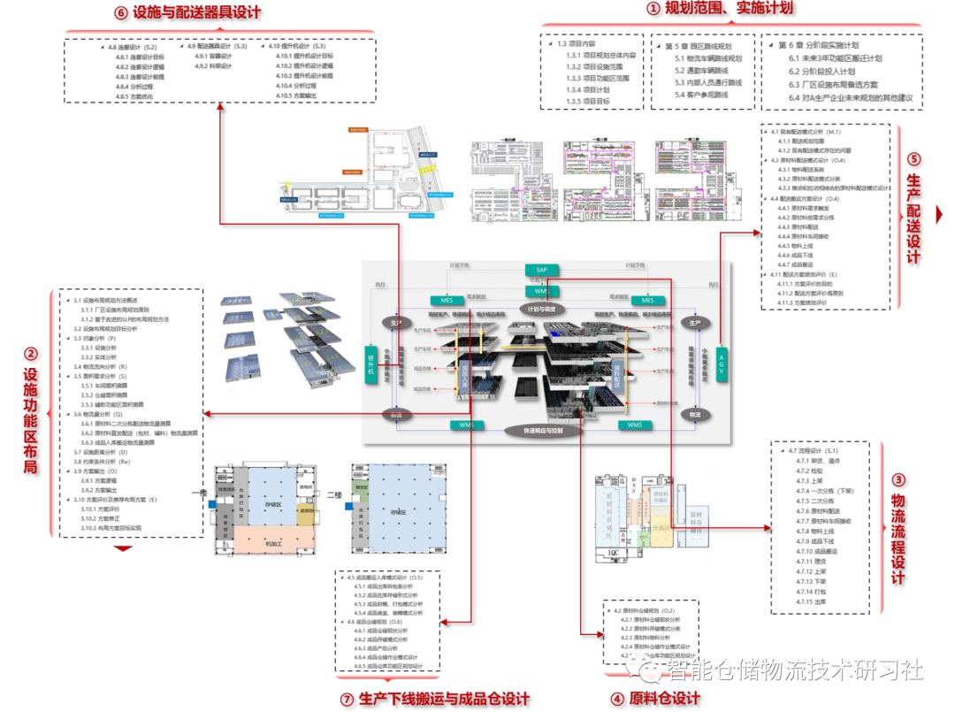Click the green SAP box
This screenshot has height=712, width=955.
point(542,269)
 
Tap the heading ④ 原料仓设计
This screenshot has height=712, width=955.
point(654,698)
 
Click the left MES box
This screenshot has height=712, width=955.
point(442,300)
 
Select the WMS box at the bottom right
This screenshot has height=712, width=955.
point(635,425)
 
